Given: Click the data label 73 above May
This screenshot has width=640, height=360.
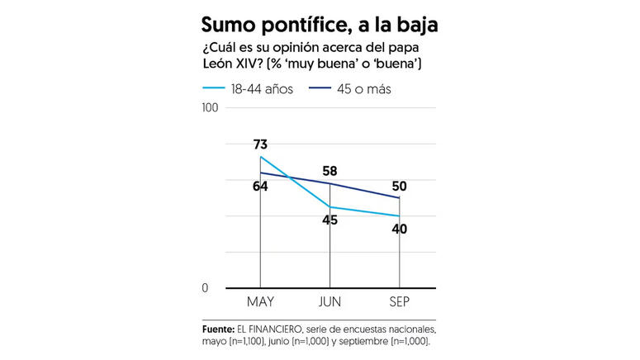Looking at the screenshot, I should pyautogui.click(x=260, y=145).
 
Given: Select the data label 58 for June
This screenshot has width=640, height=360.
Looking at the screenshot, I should pyautogui.click(x=329, y=171).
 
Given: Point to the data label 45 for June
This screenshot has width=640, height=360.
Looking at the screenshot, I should pyautogui.click(x=329, y=220).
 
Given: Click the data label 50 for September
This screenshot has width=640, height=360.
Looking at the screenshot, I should pyautogui.click(x=399, y=186).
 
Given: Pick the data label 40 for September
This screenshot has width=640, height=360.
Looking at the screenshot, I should pyautogui.click(x=399, y=229).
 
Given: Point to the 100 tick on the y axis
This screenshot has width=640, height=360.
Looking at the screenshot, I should pyautogui.click(x=210, y=107).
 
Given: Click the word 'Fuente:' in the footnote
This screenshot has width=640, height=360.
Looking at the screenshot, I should pyautogui.click(x=217, y=328).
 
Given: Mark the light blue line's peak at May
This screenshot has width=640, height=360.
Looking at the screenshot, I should pyautogui.click(x=260, y=157).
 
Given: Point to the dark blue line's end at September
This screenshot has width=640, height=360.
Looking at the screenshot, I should pyautogui.click(x=399, y=198).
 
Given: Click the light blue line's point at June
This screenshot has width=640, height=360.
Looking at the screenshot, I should pyautogui.click(x=329, y=207).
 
